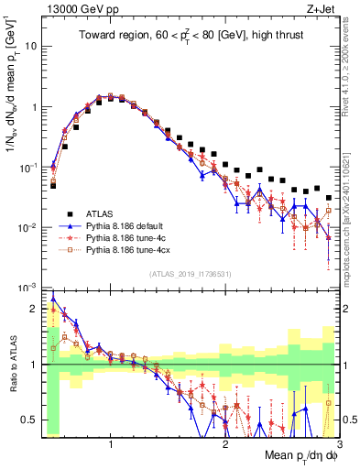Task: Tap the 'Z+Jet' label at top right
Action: [323, 8]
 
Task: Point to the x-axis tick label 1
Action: [111, 444]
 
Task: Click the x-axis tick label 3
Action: [339, 444]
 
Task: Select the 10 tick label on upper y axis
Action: [30, 45]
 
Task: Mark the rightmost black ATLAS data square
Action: [328, 197]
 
